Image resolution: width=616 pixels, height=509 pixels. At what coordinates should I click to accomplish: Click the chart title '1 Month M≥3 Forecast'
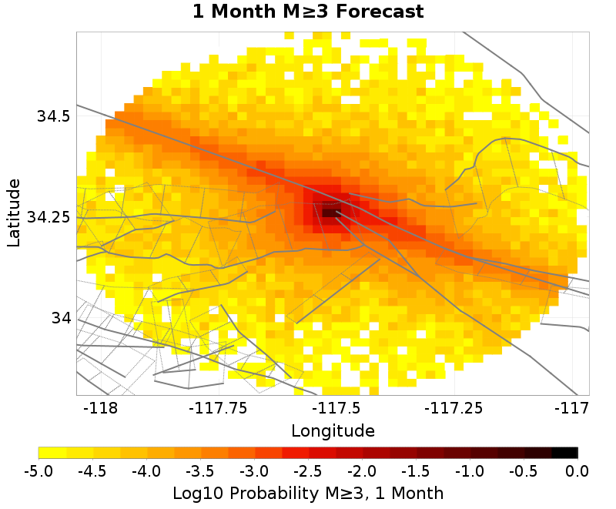(x=308, y=12)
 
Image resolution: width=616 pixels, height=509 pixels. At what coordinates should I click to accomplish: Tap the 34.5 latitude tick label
(x=54, y=116)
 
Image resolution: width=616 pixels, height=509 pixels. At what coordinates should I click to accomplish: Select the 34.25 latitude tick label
(x=49, y=217)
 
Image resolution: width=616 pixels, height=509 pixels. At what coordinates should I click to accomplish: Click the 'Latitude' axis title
(x=13, y=213)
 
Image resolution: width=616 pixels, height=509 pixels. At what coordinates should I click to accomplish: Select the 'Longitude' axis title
(x=333, y=430)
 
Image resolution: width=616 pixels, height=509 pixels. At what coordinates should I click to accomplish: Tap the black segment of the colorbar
(x=564, y=453)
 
